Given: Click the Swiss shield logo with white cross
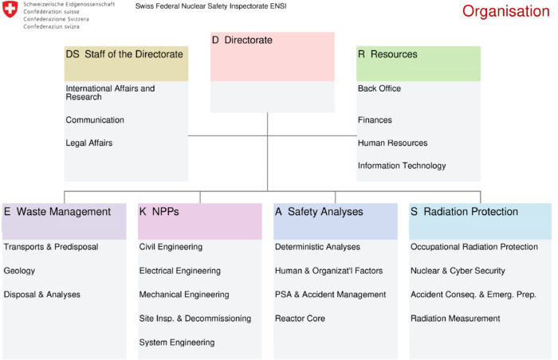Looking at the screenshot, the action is (x=10, y=9).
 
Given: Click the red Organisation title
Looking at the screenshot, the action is (x=505, y=11).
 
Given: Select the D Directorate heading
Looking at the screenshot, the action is (x=242, y=40).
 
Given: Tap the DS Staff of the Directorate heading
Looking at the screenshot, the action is (x=124, y=54).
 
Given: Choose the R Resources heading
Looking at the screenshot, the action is (x=387, y=54).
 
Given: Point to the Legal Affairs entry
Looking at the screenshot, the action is (x=89, y=143).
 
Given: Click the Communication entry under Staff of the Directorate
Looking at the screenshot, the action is (x=95, y=120).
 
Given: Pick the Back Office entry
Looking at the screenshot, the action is (x=379, y=88).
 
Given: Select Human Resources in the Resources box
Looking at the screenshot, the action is (x=392, y=143).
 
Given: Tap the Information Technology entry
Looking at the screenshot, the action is (x=402, y=166).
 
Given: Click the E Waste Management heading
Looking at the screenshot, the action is (x=57, y=212).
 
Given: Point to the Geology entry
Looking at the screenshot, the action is (x=19, y=271).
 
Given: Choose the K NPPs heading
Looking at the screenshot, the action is (x=159, y=212).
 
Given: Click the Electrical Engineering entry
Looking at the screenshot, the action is (x=179, y=271).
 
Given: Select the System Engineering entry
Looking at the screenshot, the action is (x=177, y=342).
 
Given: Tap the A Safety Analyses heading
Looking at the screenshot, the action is (x=319, y=212).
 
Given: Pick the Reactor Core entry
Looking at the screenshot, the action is (x=300, y=319).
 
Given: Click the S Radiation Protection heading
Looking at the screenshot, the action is (x=465, y=212).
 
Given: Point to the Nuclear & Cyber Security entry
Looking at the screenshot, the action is (x=458, y=271).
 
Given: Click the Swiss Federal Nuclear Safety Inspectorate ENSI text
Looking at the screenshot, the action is (x=210, y=6).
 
